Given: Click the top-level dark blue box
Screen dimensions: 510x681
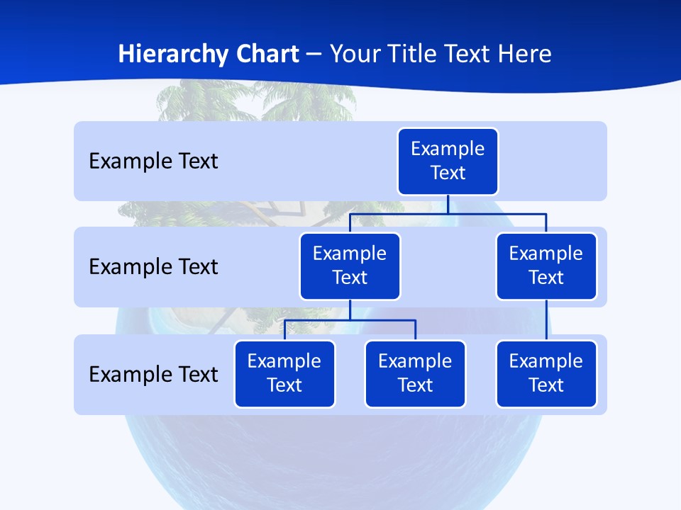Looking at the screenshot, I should [448, 161].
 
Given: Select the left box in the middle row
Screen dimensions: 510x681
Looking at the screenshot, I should [350, 266].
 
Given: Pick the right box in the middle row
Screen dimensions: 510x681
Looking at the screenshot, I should [546, 266].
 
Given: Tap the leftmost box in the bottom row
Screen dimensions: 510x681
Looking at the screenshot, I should [284, 374].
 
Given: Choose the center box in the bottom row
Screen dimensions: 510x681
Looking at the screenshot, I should [415, 374].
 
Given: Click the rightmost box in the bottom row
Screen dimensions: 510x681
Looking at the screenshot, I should [546, 374].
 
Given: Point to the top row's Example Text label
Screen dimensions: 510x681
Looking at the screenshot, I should [153, 161].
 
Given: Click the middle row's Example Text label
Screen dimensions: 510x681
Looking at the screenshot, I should [153, 267].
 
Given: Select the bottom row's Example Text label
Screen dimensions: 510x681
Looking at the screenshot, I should [153, 374].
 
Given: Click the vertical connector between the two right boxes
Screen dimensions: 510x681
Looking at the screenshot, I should [546, 320].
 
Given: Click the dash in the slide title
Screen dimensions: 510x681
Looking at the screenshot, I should [314, 55].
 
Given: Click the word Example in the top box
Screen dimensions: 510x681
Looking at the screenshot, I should [448, 149].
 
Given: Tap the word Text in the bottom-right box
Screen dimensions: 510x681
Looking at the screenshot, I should [546, 385].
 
